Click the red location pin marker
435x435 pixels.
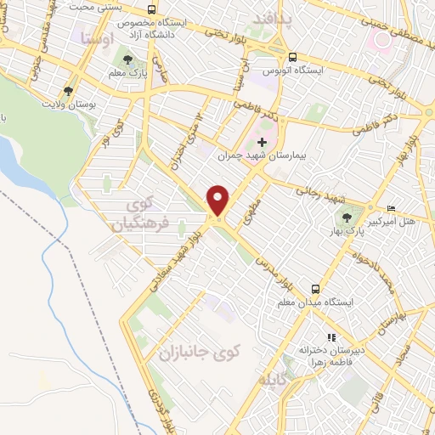coord(219,201)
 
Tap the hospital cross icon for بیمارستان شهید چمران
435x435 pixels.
coord(262,142)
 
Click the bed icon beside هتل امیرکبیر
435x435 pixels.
coord(391,209)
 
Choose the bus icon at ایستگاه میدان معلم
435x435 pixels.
coord(315,289)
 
